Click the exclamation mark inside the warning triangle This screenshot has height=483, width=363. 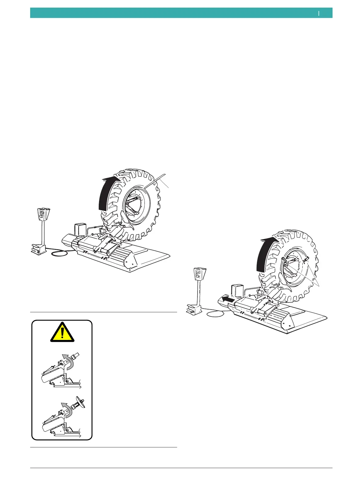pyautogui.click(x=62, y=333)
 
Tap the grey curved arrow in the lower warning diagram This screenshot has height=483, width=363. pyautogui.click(x=66, y=409)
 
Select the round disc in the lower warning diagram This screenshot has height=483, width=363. pyautogui.click(x=81, y=402)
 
